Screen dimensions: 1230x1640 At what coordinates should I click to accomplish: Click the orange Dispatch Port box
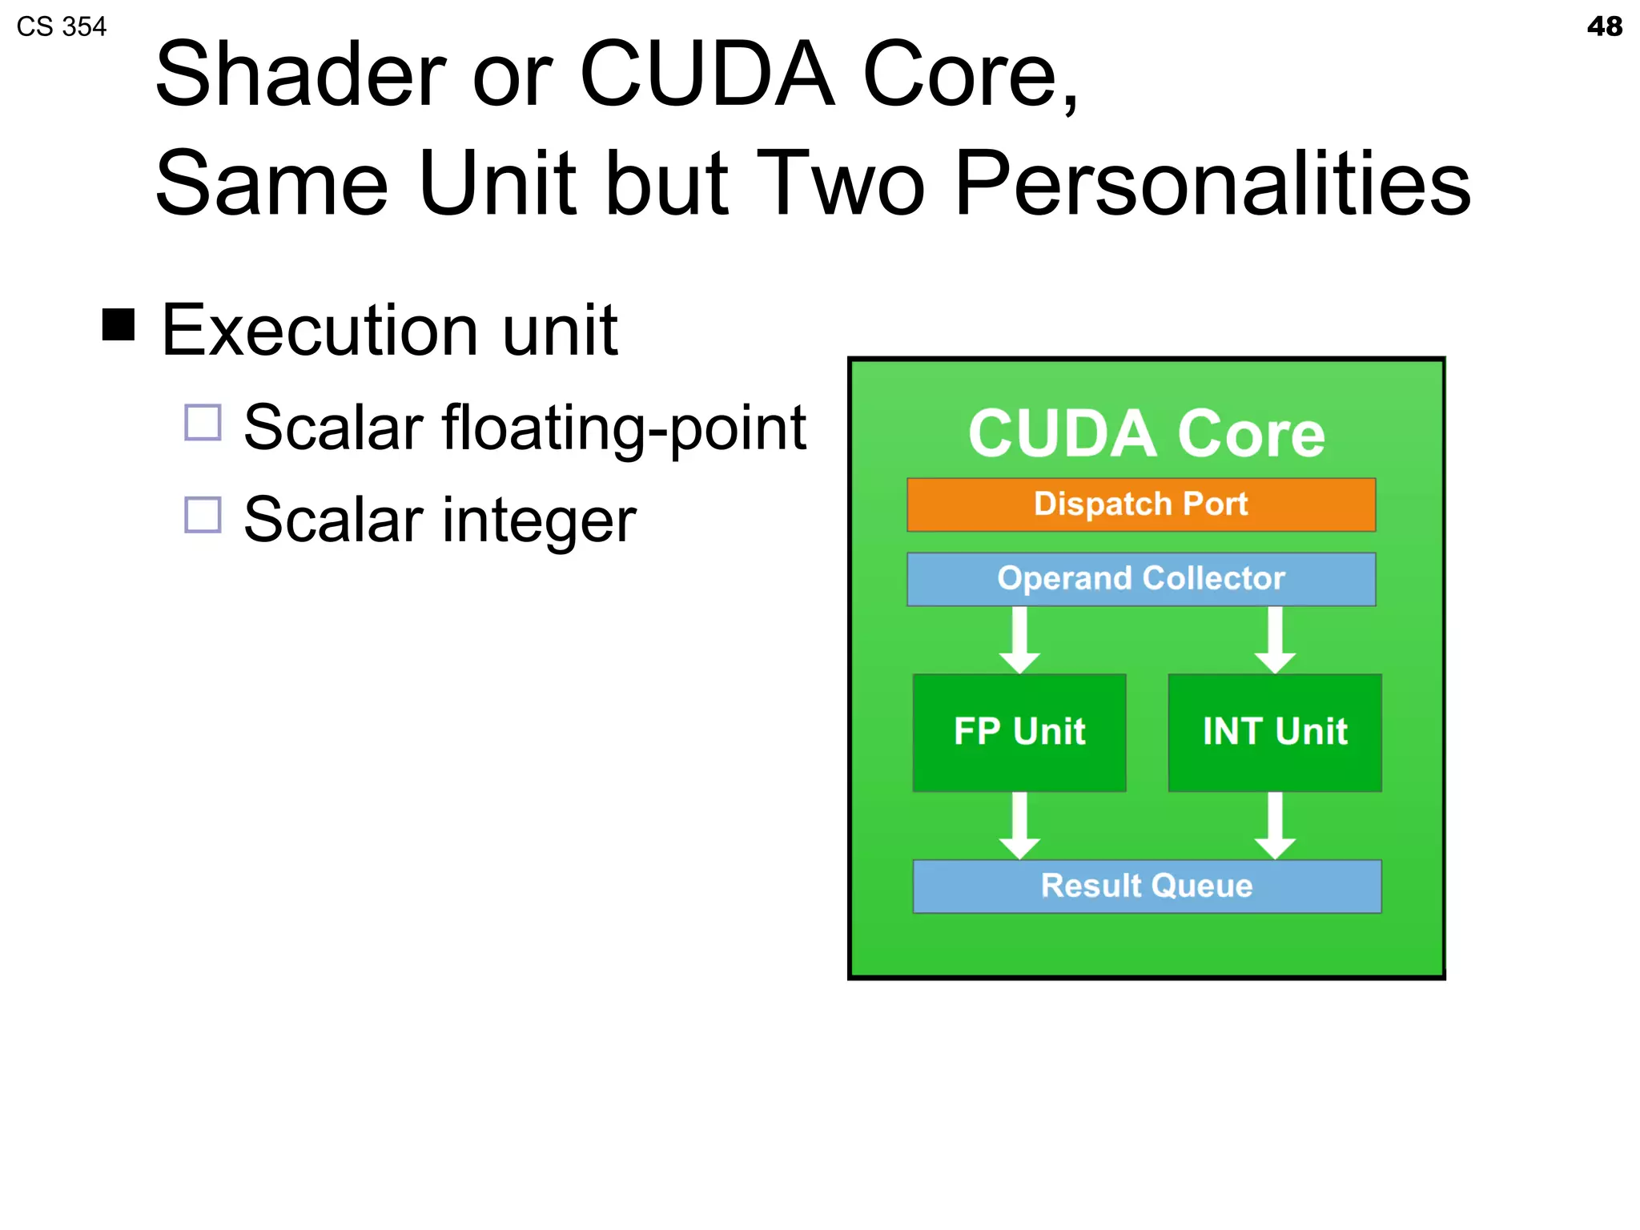point(1140,504)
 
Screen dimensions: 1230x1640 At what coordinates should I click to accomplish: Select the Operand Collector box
point(1140,579)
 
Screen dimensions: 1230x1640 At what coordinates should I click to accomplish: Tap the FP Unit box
point(1019,732)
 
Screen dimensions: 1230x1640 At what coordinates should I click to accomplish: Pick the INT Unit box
point(1274,732)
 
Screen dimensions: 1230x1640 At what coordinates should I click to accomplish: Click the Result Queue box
point(1146,886)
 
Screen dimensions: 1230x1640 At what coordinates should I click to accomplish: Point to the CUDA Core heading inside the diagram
point(1146,433)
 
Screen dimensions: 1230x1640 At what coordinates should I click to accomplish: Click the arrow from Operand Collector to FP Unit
point(1019,640)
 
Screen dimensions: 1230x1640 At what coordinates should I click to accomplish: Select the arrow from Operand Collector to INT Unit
point(1275,640)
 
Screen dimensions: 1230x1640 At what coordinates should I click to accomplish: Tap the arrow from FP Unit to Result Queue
point(1019,826)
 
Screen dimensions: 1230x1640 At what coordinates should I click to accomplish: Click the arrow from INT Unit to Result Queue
point(1275,826)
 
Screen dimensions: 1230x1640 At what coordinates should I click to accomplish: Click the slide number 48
point(1604,26)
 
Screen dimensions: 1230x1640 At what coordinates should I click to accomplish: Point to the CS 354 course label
point(61,26)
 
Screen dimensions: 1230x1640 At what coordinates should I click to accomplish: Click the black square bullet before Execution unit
point(119,325)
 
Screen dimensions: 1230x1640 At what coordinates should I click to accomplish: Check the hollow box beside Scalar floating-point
point(203,422)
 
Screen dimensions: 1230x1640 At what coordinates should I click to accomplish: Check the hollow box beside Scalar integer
point(203,515)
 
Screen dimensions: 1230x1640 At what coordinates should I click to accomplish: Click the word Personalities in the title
point(1212,184)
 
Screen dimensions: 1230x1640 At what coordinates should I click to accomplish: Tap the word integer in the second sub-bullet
point(539,521)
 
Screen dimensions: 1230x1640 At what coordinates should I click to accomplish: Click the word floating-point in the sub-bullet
point(624,428)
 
